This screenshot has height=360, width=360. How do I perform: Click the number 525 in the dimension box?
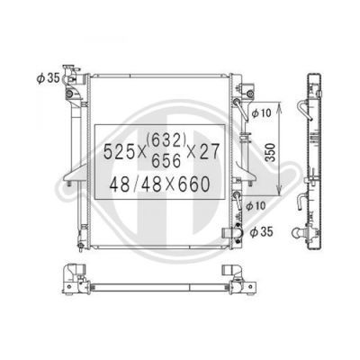(x=118, y=151)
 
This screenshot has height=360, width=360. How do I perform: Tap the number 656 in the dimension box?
(x=166, y=161)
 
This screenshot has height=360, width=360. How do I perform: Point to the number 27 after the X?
(x=211, y=151)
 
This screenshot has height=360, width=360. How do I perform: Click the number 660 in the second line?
(x=193, y=184)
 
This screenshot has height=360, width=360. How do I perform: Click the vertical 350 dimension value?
(x=271, y=152)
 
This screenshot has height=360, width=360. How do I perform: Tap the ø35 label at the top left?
(x=48, y=78)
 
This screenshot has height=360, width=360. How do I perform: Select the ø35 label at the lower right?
(x=261, y=232)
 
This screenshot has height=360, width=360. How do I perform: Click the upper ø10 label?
(x=261, y=113)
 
